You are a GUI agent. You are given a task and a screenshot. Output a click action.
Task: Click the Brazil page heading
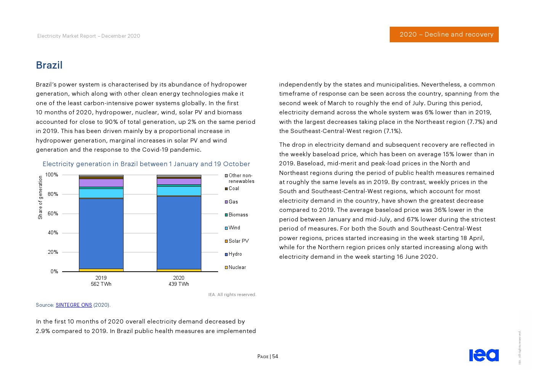coord(49,65)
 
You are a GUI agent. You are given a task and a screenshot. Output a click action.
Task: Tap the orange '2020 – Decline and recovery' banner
coord(444,34)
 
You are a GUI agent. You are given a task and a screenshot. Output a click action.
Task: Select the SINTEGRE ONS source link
coord(74,305)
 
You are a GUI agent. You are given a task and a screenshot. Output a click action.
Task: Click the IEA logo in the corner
coord(484,355)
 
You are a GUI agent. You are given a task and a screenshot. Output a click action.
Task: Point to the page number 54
coord(275,357)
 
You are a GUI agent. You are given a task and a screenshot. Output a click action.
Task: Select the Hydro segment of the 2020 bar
coord(179,232)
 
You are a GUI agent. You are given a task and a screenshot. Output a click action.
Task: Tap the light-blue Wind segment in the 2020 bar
coord(179,191)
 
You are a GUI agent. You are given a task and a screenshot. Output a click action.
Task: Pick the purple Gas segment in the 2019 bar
coord(101,183)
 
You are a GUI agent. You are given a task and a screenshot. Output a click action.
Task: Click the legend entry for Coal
coord(234,189)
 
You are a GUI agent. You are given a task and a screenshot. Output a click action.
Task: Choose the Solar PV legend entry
coord(238,241)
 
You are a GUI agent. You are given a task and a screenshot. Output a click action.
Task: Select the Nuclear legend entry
coord(237,267)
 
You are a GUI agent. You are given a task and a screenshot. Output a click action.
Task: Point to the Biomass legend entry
coord(238,215)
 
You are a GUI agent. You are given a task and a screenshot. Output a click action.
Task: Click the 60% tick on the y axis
coord(53,214)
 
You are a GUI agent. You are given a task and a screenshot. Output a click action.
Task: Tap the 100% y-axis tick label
coord(52,175)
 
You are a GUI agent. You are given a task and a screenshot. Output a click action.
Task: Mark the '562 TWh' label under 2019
coord(101,284)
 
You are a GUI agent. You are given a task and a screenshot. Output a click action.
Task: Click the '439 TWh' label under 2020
coord(179,284)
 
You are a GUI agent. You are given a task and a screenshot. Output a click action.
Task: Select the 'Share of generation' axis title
coord(40,197)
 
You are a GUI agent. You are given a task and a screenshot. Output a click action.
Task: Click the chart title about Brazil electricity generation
coord(146,164)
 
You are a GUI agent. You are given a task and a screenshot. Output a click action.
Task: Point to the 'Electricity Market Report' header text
coord(88,36)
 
